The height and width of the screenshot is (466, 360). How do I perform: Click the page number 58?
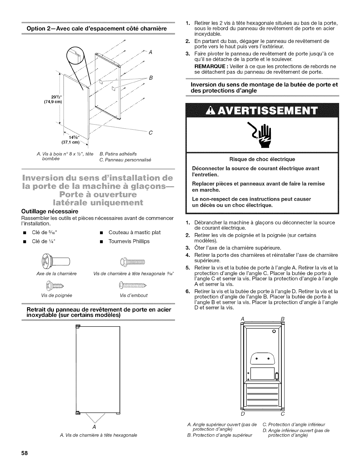[24, 453]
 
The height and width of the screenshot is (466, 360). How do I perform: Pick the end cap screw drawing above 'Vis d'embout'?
[134, 286]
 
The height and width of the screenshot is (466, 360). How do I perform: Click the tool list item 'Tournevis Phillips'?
[129, 241]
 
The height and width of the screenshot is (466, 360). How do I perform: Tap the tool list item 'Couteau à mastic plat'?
[135, 232]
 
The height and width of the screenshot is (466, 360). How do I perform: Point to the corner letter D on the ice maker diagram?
[243, 415]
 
